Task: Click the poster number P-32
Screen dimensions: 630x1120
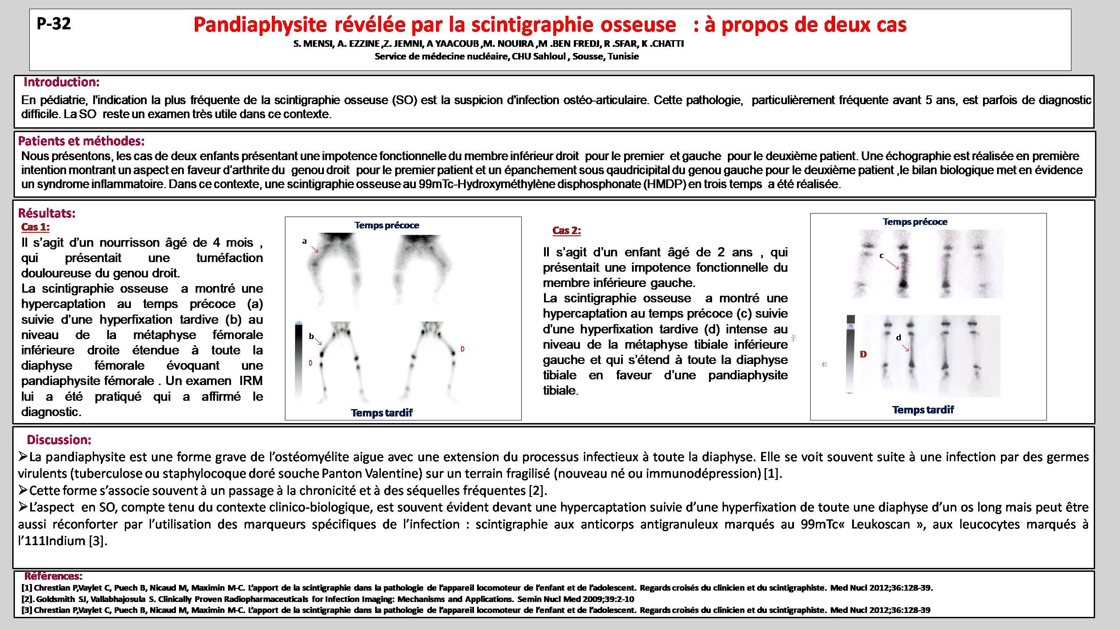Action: click(x=54, y=24)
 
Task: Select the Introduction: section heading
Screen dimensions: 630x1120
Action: click(x=62, y=82)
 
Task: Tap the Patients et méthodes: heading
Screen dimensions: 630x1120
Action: click(x=81, y=141)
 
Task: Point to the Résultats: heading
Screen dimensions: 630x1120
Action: click(x=47, y=213)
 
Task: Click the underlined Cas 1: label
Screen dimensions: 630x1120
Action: click(x=35, y=227)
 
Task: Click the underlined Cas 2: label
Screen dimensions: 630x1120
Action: click(x=566, y=231)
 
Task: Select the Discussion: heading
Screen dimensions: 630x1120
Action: click(x=59, y=440)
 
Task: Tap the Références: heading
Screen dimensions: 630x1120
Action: click(x=53, y=576)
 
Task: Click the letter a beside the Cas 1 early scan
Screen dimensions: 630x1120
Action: click(x=304, y=241)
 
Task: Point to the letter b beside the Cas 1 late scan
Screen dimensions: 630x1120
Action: click(x=311, y=336)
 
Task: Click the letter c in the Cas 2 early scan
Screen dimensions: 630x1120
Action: click(x=881, y=255)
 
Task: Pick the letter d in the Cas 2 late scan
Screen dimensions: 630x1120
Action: click(x=899, y=337)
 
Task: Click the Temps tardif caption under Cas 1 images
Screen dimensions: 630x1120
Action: click(x=382, y=413)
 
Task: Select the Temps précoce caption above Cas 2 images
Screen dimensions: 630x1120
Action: click(x=915, y=222)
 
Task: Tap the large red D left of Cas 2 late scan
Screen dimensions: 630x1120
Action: click(x=863, y=354)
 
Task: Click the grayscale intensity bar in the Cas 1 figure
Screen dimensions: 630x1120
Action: click(x=298, y=359)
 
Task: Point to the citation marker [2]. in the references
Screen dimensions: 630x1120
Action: click(x=28, y=599)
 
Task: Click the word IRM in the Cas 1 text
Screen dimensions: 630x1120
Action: click(x=251, y=381)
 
